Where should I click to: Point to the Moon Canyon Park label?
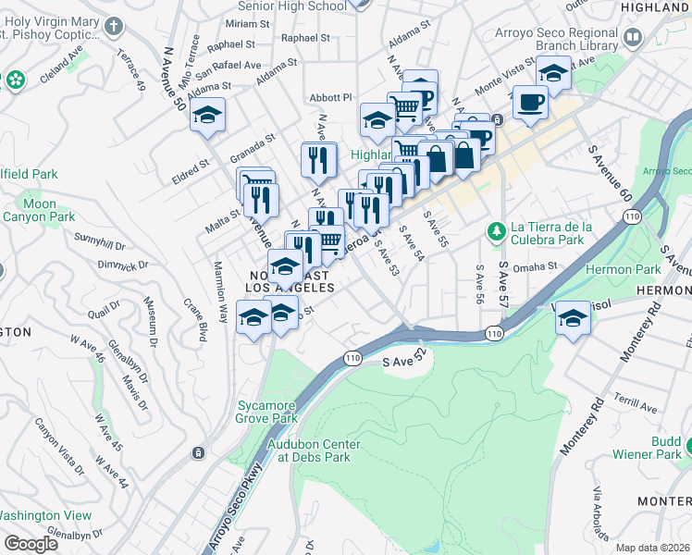[x=39, y=210]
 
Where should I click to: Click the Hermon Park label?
[x=636, y=269]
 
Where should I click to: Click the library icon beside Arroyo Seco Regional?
[x=634, y=38]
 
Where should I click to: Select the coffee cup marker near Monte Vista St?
[x=530, y=102]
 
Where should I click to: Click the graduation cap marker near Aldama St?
[x=209, y=115]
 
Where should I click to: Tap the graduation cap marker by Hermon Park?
[x=574, y=320]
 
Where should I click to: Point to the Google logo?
[x=31, y=544]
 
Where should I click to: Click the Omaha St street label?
[x=537, y=265]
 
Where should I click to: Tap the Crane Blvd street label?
[x=197, y=315]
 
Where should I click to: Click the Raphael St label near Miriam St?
[x=231, y=44]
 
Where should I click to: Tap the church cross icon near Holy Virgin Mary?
[x=114, y=28]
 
